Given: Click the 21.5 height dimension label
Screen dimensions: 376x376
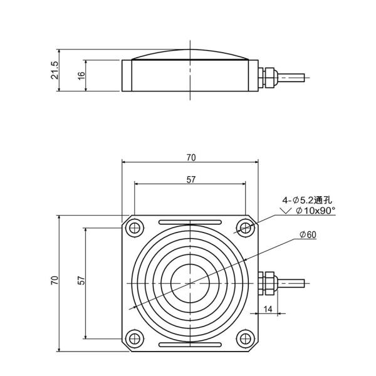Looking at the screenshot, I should click(55, 70).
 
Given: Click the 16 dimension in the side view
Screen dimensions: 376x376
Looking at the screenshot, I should click(81, 76).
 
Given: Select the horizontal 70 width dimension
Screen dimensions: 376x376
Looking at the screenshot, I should click(190, 157).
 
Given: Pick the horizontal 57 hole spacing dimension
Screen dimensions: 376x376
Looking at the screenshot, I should click(191, 180).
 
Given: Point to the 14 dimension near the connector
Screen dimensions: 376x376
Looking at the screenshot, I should click(268, 309).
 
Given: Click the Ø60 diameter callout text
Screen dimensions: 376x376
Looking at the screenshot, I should click(308, 234).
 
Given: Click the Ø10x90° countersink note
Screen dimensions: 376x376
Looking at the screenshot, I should click(314, 211).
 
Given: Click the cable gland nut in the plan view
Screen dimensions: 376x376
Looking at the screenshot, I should click(268, 283).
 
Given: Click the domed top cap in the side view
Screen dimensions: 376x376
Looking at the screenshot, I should click(189, 55).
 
